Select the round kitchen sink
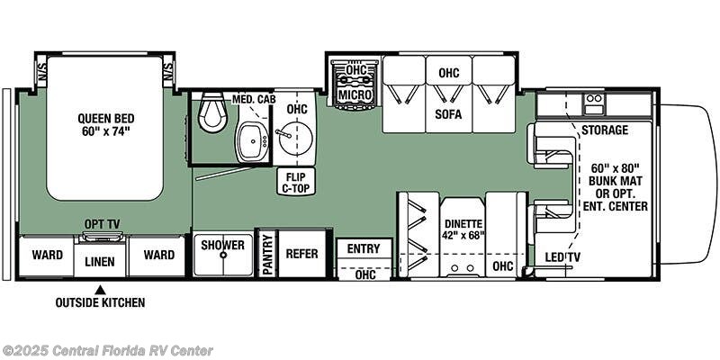pos(294,139)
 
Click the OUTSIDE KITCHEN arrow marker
pos(100,290)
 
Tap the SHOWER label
pos(222,245)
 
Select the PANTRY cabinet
pos(266,254)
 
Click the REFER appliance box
pos(302,254)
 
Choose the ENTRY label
pos(364,249)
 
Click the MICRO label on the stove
pos(355,94)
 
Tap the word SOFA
pos(448,114)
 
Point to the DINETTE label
pos(463,224)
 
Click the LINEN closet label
pos(100,262)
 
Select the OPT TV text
pos(102,224)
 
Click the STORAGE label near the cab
pos(605,130)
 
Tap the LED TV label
pos(562,257)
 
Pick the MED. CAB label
pos(250,99)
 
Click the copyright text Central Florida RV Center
pos(106,350)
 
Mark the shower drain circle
pos(223,255)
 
